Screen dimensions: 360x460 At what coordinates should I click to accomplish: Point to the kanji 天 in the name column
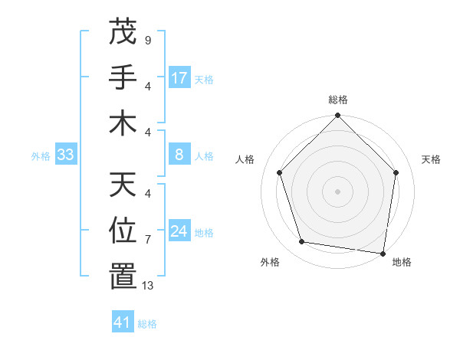point(123,184)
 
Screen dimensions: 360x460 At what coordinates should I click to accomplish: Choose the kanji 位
point(123,230)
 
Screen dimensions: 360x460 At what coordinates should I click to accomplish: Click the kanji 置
point(123,276)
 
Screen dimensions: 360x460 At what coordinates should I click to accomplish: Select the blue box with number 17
point(179,78)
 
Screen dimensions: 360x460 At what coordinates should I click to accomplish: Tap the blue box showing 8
point(179,155)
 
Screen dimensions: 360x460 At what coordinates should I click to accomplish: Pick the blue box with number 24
point(179,231)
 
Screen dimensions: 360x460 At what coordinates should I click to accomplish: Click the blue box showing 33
point(65,155)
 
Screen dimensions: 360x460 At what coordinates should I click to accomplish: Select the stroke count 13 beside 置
point(148,286)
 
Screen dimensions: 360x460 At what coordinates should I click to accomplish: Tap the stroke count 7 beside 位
point(148,239)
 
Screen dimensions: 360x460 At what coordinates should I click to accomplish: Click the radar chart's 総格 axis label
point(337,100)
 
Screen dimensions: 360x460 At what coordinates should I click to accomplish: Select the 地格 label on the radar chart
point(402,262)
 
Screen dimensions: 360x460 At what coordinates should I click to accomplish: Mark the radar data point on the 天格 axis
point(396,172)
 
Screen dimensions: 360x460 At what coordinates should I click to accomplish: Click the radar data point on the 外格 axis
point(302,242)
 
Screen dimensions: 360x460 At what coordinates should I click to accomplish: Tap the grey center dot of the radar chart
point(337,191)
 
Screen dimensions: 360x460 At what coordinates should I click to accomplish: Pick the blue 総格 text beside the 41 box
point(147,324)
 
